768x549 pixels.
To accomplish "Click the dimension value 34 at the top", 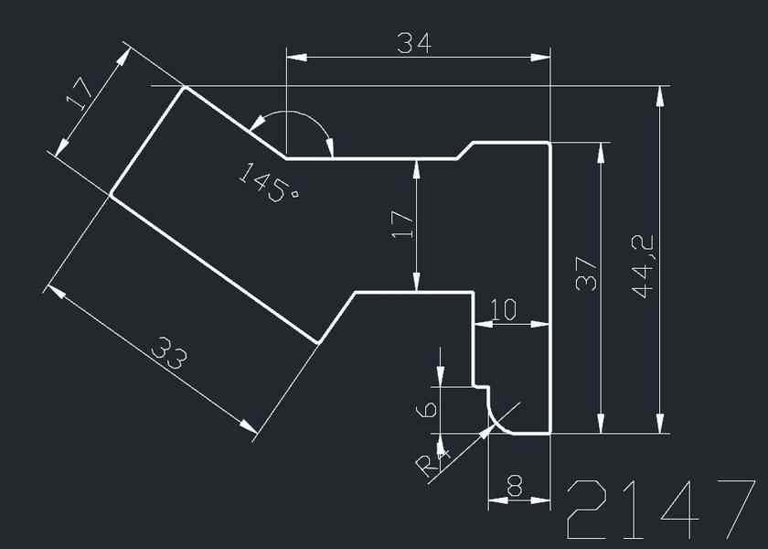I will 414,42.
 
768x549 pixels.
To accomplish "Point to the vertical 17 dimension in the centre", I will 403,223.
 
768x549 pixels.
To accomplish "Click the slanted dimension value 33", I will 170,354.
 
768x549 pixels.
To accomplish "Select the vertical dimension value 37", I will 587,273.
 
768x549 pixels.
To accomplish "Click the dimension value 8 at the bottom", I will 515,489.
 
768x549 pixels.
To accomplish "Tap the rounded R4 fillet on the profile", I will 496,420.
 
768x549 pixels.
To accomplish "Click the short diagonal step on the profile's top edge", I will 464,150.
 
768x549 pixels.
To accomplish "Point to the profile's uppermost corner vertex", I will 185,88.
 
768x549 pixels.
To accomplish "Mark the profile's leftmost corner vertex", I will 111,194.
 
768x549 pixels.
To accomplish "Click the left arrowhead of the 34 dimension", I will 293,58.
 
